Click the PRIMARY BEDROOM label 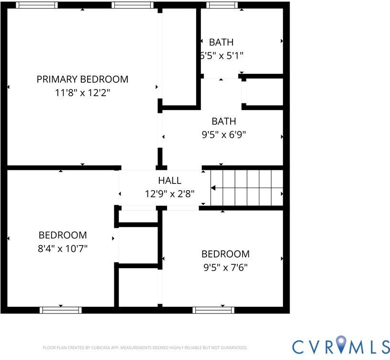[82, 79]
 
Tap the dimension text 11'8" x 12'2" [82, 93]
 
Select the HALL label [169, 180]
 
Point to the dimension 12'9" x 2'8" [169, 193]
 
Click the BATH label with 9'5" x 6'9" [223, 122]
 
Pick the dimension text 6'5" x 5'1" [222, 56]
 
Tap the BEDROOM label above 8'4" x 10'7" [63, 235]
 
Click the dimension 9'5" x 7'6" [225, 268]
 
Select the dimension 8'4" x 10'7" [63, 248]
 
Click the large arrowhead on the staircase [213, 188]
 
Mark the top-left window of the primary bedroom [37, 5]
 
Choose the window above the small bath [222, 5]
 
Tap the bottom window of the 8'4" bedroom [61, 310]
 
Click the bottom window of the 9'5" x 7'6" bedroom [213, 310]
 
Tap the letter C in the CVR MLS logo [299, 347]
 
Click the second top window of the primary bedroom [133, 5]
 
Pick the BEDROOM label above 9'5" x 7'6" [225, 254]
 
